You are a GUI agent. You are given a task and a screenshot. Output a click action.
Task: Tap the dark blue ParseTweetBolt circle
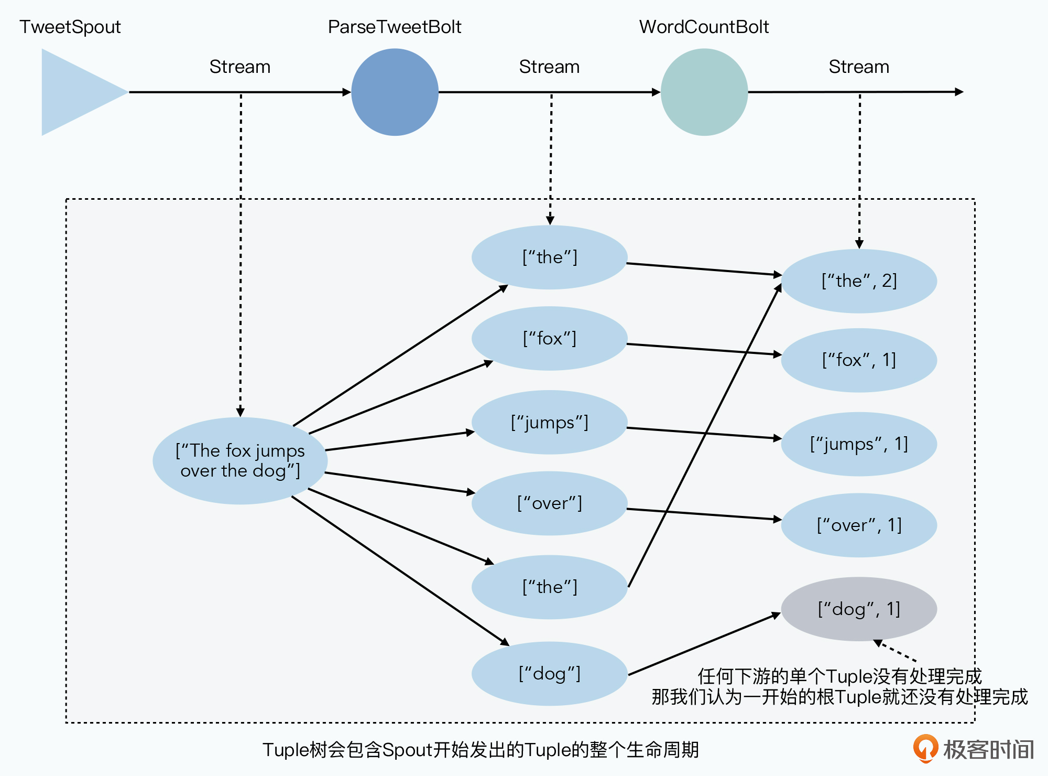[x=395, y=92]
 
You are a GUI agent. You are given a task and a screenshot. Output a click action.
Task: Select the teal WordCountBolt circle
[x=704, y=92]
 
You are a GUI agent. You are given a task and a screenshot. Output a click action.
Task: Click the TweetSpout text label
[x=70, y=27]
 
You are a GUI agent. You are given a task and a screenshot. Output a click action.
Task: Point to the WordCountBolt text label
[x=704, y=27]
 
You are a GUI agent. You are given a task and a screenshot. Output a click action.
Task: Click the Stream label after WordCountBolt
[x=859, y=67]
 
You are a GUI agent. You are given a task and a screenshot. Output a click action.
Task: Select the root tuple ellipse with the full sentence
[x=240, y=461]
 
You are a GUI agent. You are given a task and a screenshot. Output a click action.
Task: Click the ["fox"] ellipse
[x=549, y=339]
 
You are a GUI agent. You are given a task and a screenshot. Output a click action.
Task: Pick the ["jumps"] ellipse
[x=549, y=422]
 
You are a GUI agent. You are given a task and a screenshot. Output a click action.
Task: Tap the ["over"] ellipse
[x=549, y=503]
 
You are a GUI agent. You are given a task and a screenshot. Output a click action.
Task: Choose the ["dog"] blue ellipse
[x=549, y=674]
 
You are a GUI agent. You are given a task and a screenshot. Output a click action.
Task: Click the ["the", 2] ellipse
[x=859, y=281]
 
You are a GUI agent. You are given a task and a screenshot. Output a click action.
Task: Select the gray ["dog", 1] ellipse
[x=859, y=609]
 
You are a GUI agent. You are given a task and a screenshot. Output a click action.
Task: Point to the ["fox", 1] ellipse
[x=859, y=360]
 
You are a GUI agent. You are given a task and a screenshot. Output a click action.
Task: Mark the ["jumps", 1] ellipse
[x=859, y=444]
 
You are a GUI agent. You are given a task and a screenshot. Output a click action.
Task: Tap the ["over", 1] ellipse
[x=859, y=525]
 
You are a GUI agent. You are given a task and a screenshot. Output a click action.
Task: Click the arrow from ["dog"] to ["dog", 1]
[x=704, y=644]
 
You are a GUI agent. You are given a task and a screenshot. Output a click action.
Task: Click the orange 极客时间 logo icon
[x=925, y=748]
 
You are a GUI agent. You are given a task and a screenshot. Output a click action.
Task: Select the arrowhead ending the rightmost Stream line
[x=959, y=92]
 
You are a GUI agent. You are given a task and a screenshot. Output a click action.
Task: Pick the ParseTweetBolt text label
[x=395, y=27]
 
